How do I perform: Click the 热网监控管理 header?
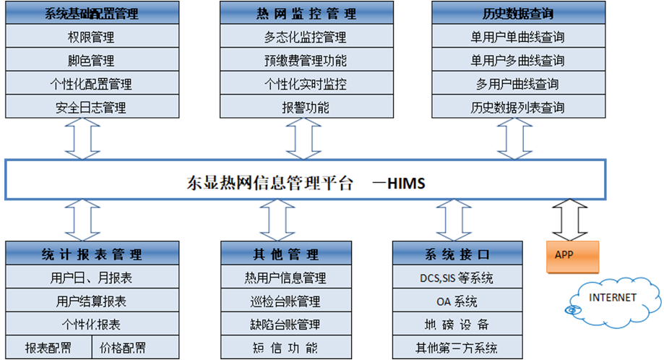click(x=306, y=14)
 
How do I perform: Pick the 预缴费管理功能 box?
click(x=306, y=61)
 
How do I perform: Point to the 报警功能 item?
click(x=306, y=108)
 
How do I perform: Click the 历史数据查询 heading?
click(x=517, y=14)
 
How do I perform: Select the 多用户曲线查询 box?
click(x=517, y=84)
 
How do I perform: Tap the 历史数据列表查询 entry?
click(x=517, y=108)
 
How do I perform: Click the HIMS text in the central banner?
click(x=406, y=184)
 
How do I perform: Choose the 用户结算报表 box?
click(x=91, y=301)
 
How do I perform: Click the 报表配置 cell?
click(x=48, y=348)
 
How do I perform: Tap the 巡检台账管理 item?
click(x=285, y=301)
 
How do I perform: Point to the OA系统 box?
click(x=457, y=301)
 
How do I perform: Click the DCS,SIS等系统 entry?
click(x=457, y=278)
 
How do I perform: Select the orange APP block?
click(x=566, y=255)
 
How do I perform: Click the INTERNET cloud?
click(x=612, y=298)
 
